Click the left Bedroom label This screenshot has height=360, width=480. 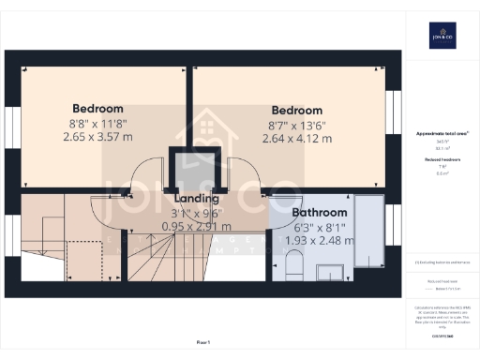tap(98, 107)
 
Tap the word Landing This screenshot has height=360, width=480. tap(197, 199)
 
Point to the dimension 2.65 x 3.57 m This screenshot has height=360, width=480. tap(98, 136)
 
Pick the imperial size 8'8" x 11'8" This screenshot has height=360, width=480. tap(98, 122)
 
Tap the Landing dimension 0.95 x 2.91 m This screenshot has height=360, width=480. tap(197, 226)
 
